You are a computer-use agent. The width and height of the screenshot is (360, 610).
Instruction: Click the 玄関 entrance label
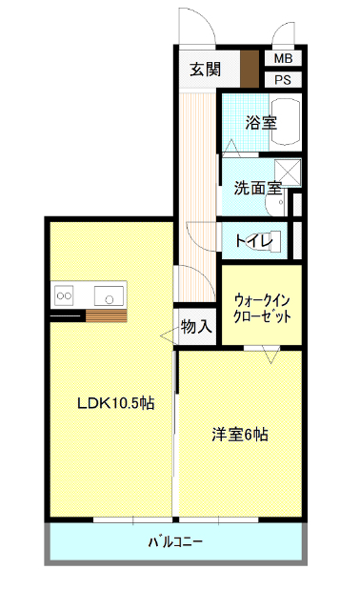click(206, 70)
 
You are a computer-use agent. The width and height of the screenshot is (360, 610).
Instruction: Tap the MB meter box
click(283, 59)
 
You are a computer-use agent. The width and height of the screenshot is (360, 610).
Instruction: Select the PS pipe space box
click(283, 80)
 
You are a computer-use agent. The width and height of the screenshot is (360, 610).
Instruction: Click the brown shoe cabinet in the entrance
click(250, 69)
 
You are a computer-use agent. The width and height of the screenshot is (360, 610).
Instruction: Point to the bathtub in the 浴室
click(286, 121)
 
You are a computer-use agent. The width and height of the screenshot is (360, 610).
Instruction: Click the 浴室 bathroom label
click(261, 123)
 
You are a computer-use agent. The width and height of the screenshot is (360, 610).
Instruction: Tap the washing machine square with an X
click(288, 172)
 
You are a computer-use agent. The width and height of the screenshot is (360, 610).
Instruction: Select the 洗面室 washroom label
click(258, 189)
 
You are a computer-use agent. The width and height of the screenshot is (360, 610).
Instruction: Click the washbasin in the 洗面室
click(275, 204)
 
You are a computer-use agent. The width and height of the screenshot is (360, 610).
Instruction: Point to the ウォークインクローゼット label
click(262, 309)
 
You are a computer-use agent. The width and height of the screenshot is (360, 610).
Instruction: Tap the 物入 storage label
click(196, 326)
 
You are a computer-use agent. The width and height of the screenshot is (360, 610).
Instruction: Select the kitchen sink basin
click(109, 296)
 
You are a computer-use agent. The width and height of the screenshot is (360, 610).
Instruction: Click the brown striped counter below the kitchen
click(106, 315)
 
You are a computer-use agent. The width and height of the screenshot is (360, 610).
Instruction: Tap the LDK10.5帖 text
click(116, 403)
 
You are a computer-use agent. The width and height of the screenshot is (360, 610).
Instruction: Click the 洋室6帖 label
click(240, 435)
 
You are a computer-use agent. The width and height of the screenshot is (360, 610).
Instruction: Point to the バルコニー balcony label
click(175, 541)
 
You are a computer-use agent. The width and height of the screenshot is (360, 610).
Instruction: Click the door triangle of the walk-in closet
click(270, 355)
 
